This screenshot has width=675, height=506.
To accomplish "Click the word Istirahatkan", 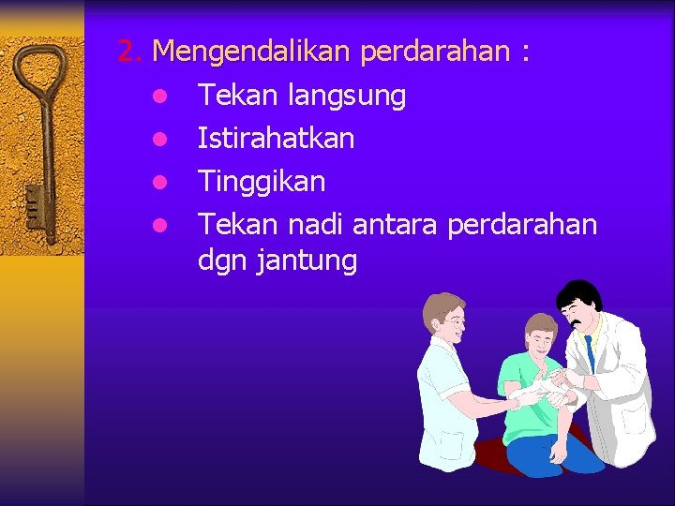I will click(276, 139).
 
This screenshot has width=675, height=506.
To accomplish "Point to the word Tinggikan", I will click(262, 182).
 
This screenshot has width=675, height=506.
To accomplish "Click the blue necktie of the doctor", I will click(589, 352).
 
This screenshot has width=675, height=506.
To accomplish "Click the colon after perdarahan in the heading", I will click(525, 52).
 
